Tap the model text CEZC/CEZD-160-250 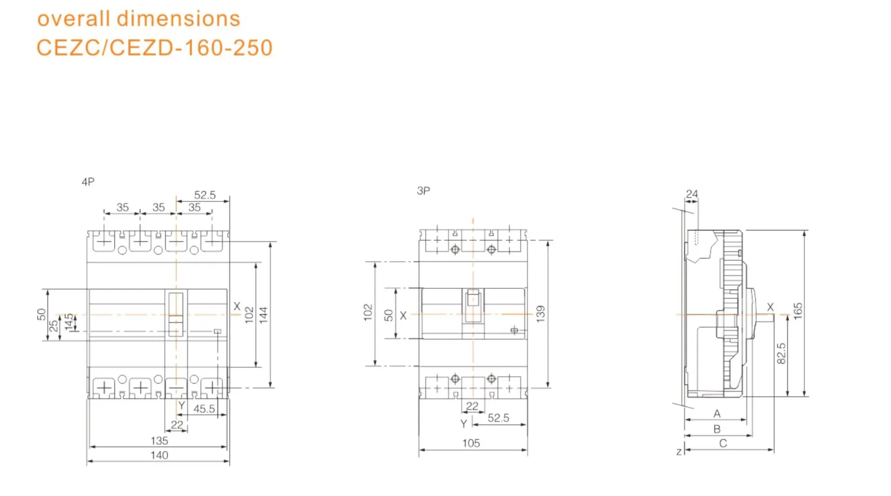(x=154, y=47)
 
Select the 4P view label (x=88, y=182)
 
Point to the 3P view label (x=423, y=191)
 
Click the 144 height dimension (x=264, y=315)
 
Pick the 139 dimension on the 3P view (x=540, y=314)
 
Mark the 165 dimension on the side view (x=798, y=311)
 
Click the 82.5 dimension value (x=781, y=354)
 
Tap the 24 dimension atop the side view (x=692, y=194)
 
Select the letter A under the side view (x=717, y=414)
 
